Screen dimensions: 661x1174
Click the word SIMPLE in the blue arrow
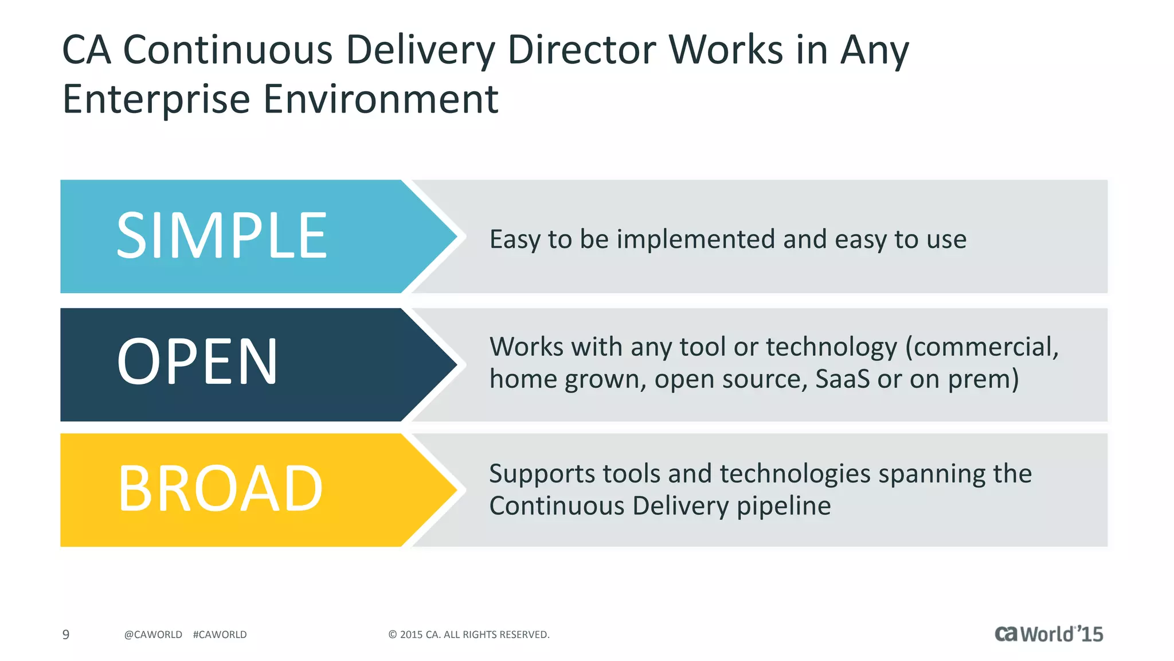pos(221,235)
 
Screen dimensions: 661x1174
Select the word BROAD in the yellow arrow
pos(220,489)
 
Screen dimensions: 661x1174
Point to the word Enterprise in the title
pos(156,100)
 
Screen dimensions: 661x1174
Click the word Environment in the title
pos(381,100)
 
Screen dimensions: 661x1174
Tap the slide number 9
pos(66,635)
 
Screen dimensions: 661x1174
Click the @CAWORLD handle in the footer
pos(153,635)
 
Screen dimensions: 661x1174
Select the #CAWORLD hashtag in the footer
pos(220,635)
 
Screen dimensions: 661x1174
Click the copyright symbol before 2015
pos(393,635)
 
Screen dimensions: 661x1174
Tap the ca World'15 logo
pos(1048,634)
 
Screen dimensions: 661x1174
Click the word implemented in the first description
pos(695,239)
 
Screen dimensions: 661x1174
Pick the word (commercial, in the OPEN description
pos(981,347)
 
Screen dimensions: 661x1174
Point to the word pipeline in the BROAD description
pos(783,506)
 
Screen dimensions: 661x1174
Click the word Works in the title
pos(726,49)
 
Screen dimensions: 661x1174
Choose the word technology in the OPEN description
pos(831,347)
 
